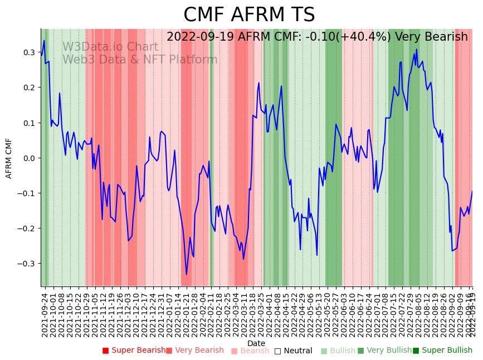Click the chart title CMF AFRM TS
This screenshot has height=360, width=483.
(x=249, y=15)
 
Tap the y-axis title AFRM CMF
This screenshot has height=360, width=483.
(x=9, y=158)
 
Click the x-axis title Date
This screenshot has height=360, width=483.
(x=256, y=343)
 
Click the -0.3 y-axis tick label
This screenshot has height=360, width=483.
(x=26, y=264)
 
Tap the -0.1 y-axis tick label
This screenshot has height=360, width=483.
(x=26, y=193)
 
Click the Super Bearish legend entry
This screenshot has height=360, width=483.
(x=134, y=351)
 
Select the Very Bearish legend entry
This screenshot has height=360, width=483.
(x=195, y=351)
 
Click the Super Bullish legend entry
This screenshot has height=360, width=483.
(x=443, y=351)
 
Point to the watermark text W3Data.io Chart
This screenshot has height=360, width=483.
(x=110, y=47)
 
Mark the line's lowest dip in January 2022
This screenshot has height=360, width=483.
(x=187, y=274)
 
